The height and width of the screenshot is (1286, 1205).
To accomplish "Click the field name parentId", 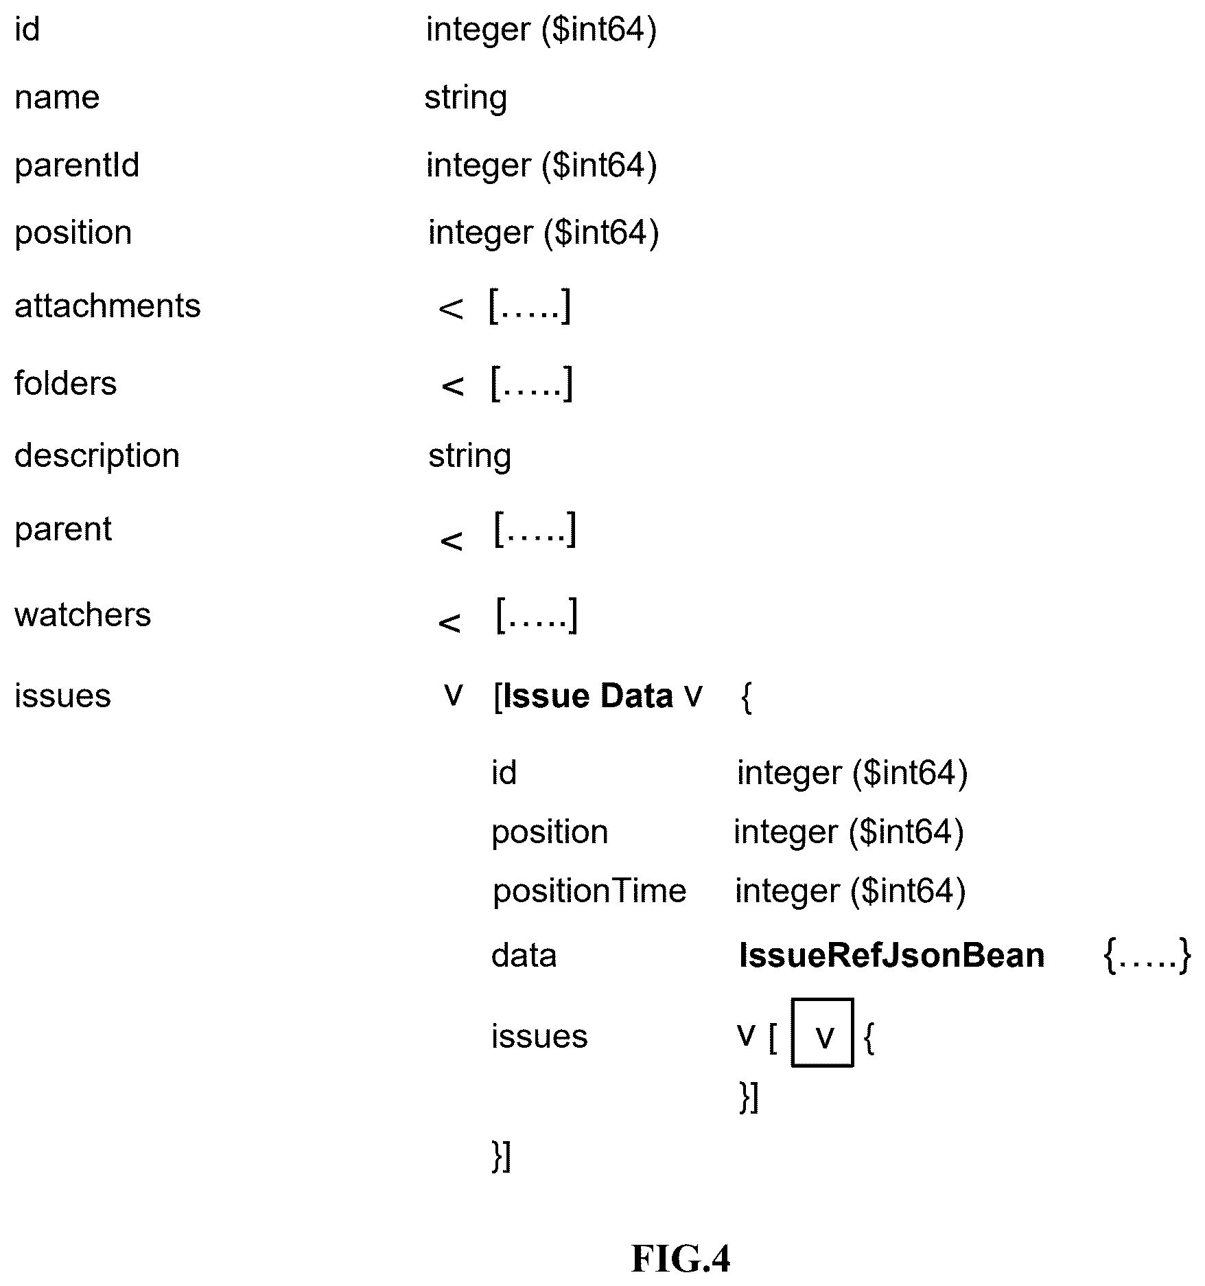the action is (77, 166).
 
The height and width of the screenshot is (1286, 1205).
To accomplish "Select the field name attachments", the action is (108, 306).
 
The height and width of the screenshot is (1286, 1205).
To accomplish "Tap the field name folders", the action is (66, 382).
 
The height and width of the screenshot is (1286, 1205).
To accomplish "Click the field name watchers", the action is (83, 615).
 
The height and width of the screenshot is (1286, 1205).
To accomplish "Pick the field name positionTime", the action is (589, 892).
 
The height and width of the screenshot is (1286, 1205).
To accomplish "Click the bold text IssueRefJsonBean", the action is (891, 956).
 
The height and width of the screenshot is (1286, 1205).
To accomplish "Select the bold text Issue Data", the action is (588, 696).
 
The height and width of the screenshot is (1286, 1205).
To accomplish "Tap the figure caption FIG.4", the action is (681, 1259).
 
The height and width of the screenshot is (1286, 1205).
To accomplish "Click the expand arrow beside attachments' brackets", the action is (451, 310).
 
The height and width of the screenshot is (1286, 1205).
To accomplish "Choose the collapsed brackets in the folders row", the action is (532, 384).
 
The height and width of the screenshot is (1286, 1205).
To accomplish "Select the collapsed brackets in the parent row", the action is (535, 529).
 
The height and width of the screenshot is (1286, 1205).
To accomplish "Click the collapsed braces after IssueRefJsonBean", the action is (1147, 956).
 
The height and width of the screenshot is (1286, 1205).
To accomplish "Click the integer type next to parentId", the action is (541, 166).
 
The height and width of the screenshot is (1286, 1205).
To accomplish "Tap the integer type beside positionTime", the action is (850, 892).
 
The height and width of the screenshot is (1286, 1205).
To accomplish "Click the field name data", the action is (524, 956).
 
